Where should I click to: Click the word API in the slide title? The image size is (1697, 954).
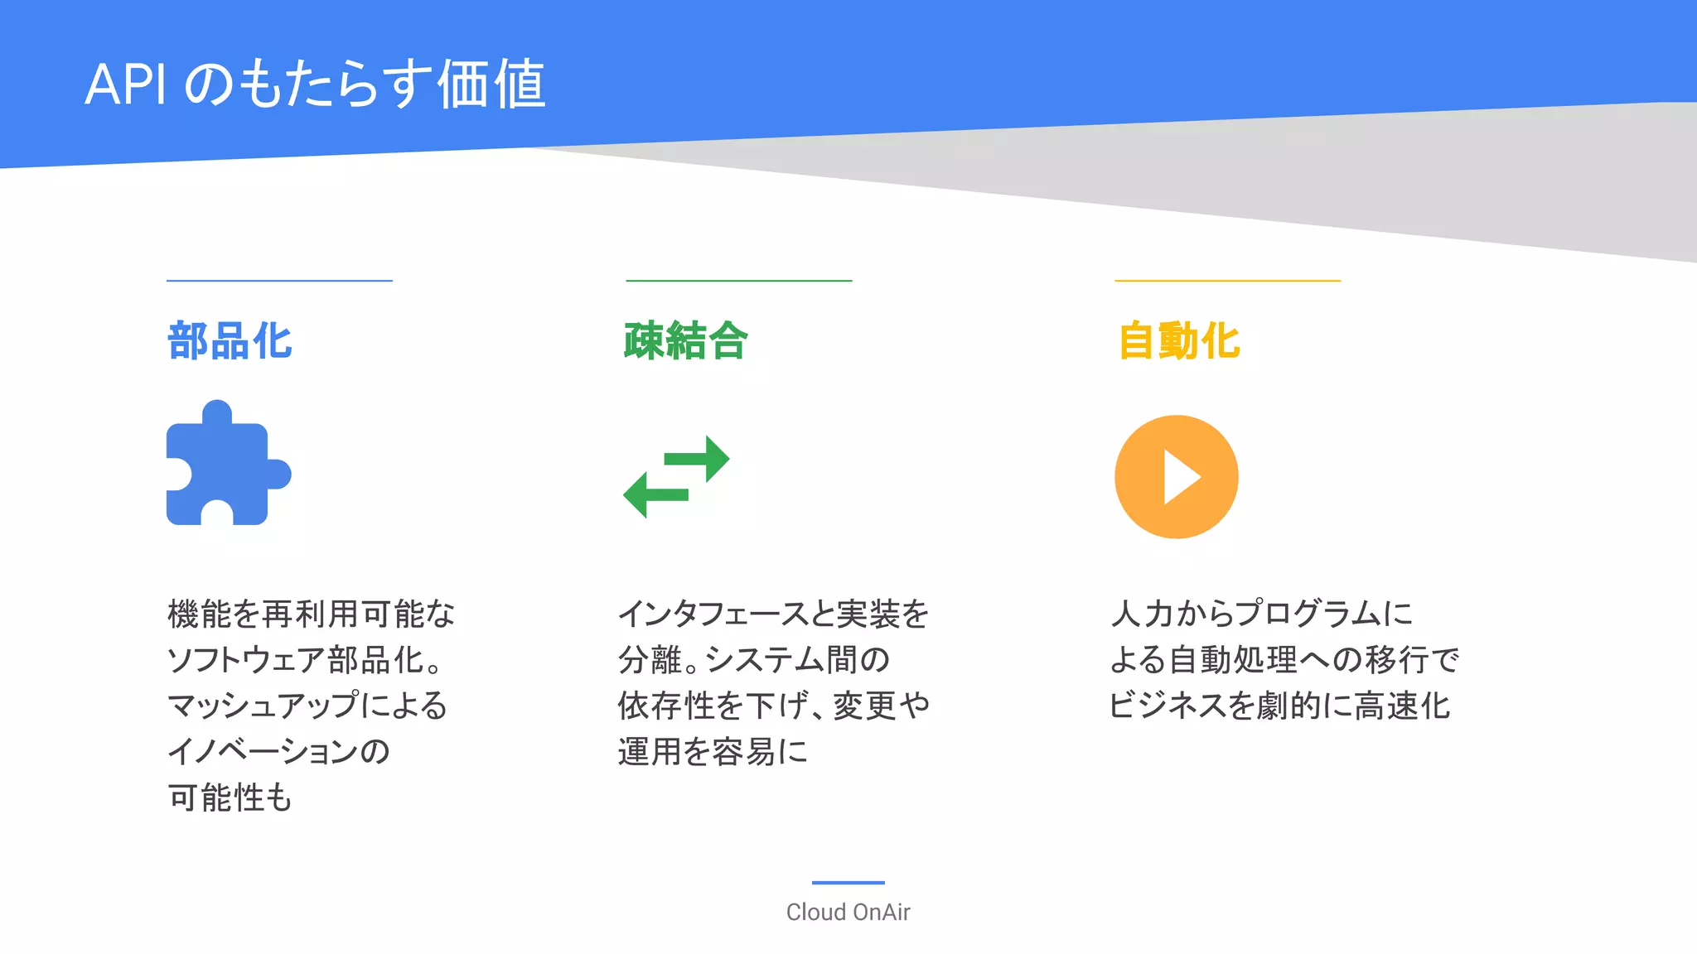125,84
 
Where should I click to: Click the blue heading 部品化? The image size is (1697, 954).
230,341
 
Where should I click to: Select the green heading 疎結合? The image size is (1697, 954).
686,341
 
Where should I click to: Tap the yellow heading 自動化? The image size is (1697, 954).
1178,341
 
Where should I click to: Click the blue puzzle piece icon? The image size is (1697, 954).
224,468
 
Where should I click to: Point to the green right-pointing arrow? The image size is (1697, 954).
698,458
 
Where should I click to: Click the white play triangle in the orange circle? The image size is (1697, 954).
1180,477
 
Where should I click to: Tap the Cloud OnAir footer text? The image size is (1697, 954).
848,912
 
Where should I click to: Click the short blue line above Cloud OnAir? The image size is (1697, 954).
848,883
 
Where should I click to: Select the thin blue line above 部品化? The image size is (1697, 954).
279,281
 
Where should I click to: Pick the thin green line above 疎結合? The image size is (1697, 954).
738,281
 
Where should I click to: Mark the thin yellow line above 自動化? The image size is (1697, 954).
1227,281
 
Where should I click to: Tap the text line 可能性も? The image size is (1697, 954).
230,797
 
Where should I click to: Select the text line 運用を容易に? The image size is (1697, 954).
713,751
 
